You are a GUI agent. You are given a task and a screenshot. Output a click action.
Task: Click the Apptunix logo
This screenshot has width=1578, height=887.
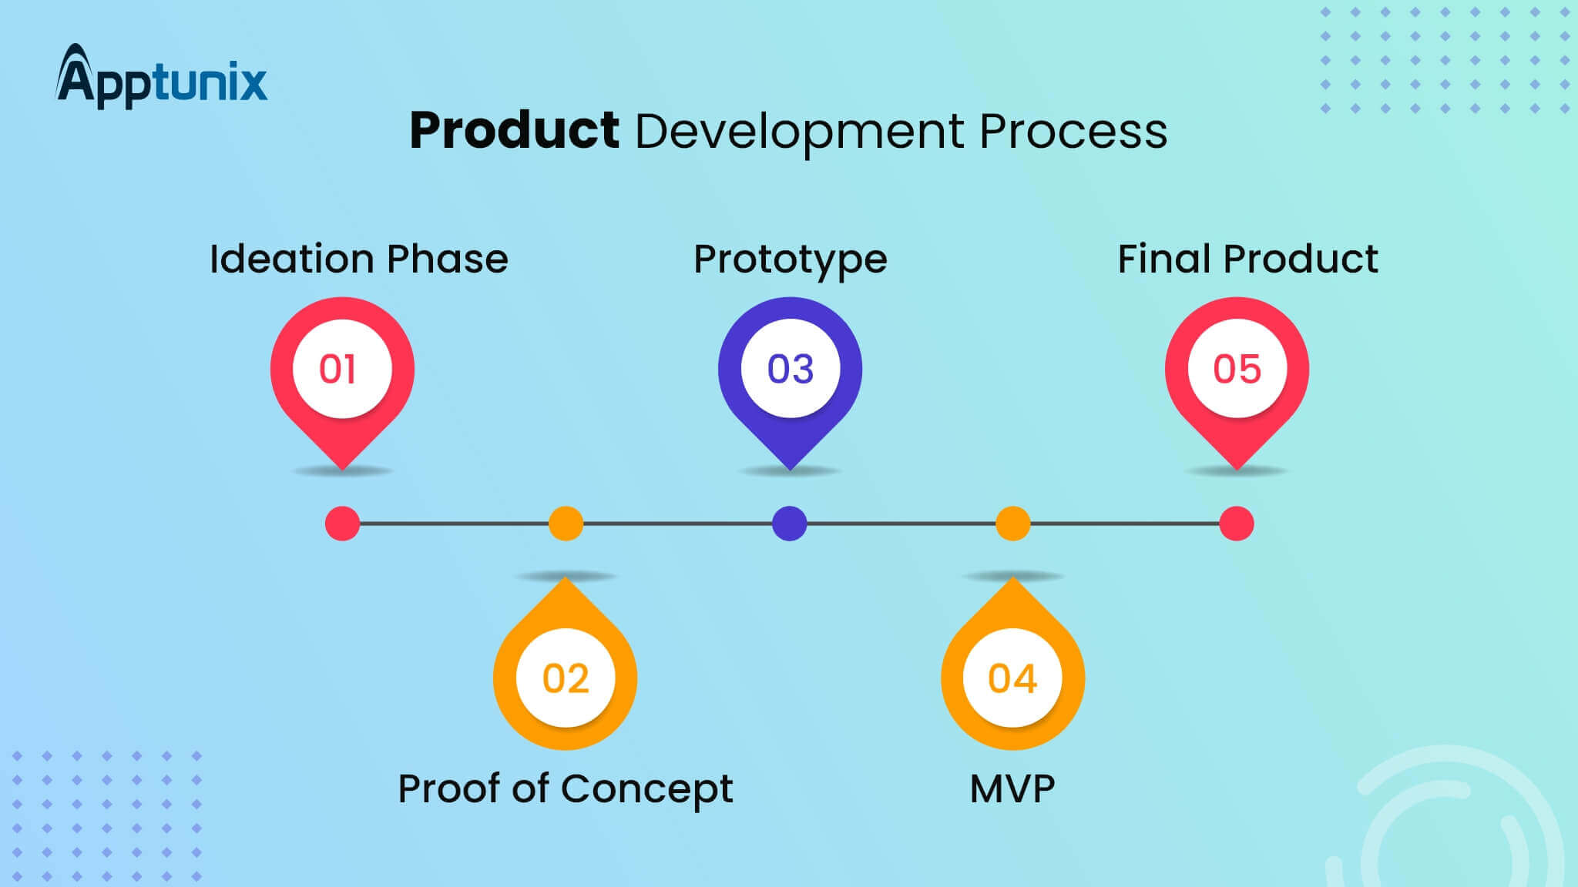coord(162,78)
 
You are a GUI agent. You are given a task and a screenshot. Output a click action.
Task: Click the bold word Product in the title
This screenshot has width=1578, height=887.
coord(514,130)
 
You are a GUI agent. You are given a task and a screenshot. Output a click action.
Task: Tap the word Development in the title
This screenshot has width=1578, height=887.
coord(799,132)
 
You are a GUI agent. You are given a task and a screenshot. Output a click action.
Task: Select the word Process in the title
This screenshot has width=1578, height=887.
coord(1073,131)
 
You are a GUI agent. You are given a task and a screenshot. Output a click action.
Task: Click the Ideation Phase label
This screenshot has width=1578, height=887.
coord(359,259)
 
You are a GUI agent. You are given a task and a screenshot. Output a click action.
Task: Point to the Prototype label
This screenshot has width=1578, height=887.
coord(791,260)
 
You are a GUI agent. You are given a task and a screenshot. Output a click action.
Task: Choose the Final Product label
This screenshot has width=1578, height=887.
coord(1247,259)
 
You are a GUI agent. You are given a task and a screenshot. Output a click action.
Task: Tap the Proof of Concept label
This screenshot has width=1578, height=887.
coord(565,788)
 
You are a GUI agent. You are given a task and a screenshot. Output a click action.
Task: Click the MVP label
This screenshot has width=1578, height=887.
coord(1012,788)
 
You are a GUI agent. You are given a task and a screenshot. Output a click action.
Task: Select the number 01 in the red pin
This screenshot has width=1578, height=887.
coord(338,369)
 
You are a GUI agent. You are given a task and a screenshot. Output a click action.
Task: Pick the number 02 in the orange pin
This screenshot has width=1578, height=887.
coord(566,678)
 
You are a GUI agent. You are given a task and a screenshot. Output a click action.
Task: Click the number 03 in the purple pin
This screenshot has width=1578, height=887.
coord(791,369)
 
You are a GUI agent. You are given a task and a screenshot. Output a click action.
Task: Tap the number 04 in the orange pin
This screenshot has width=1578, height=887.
coord(1012,678)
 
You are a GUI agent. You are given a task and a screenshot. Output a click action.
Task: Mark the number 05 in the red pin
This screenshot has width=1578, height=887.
coord(1237,369)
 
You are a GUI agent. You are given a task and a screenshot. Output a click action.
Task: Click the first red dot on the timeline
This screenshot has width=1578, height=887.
coord(343,524)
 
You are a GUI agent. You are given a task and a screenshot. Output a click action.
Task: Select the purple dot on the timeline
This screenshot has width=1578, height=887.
coord(790,524)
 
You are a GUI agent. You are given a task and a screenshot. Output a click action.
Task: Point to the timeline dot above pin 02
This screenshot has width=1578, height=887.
coord(566,524)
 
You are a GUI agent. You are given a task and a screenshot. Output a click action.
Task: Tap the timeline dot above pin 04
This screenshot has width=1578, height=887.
coord(1013,524)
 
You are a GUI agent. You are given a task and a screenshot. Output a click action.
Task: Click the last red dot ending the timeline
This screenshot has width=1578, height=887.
coord(1237,524)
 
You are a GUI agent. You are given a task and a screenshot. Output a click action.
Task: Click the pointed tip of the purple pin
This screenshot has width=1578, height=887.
coord(791,465)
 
